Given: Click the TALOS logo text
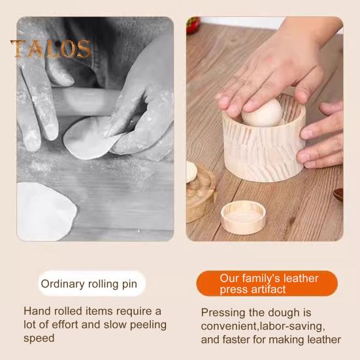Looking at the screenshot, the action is tap(51, 48).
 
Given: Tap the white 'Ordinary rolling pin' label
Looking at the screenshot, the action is tap(91, 284).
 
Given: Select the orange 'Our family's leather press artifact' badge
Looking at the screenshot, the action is tap(267, 284).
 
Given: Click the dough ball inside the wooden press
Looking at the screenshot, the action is tap(263, 113).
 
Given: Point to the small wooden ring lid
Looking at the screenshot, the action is tap(243, 217).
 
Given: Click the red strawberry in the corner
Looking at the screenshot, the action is tap(193, 25).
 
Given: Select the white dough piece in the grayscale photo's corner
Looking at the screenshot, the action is tap(46, 212).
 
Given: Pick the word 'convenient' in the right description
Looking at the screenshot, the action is tap(229, 326).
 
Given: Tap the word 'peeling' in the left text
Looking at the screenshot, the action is tap(148, 325).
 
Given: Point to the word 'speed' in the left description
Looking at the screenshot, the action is tap(39, 338).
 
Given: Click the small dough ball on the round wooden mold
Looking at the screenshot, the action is tap(191, 172).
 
